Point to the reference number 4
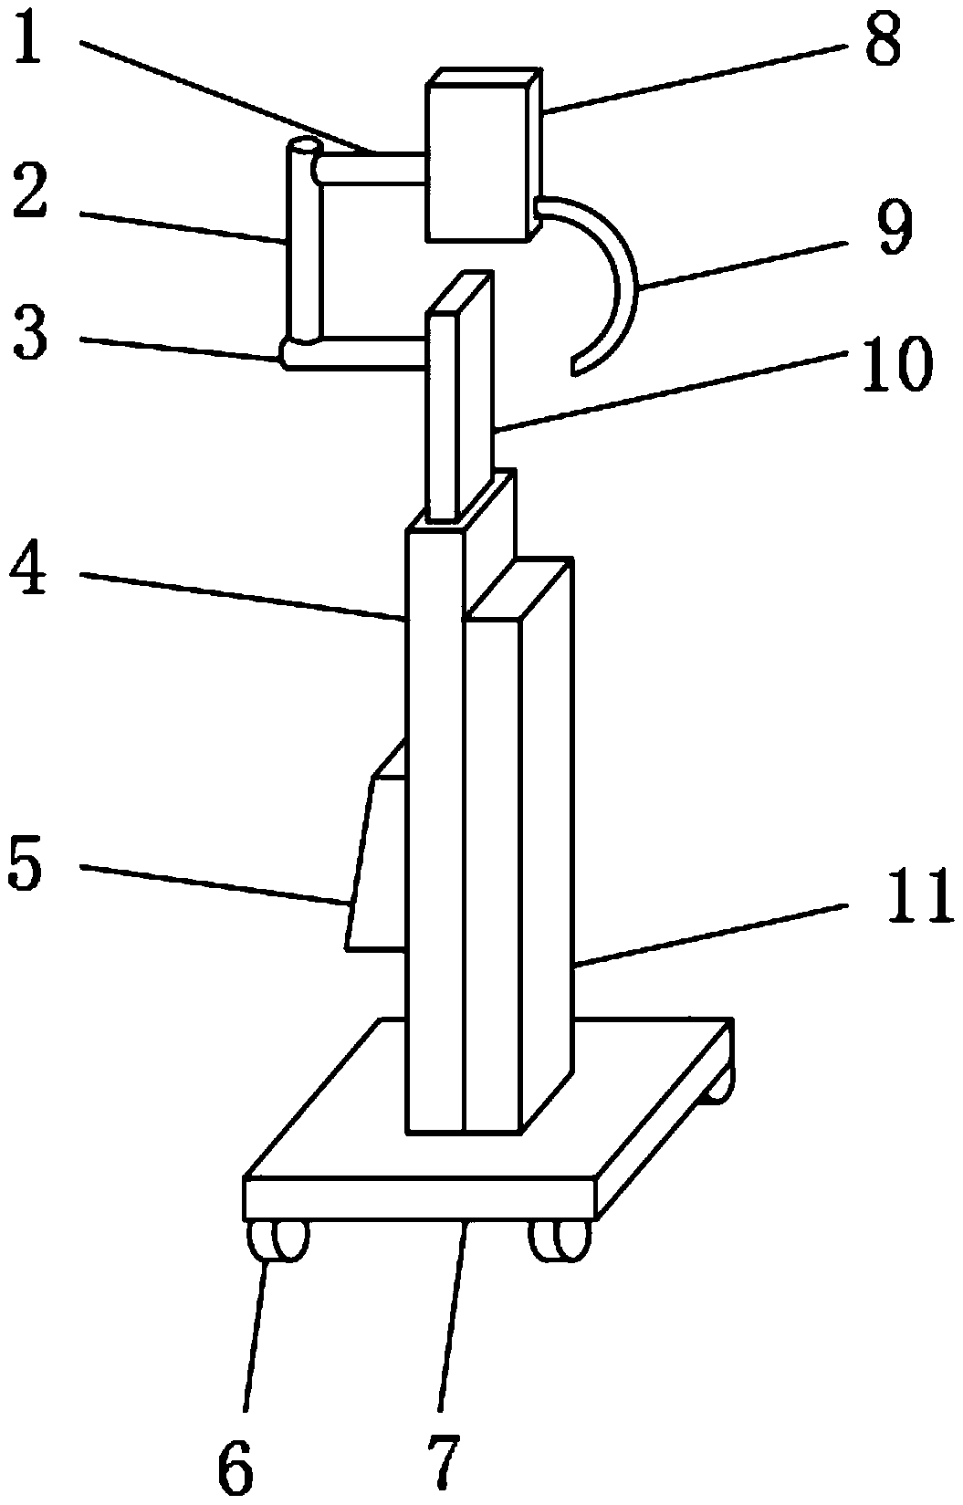click(x=31, y=573)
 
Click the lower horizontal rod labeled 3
click(x=361, y=352)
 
